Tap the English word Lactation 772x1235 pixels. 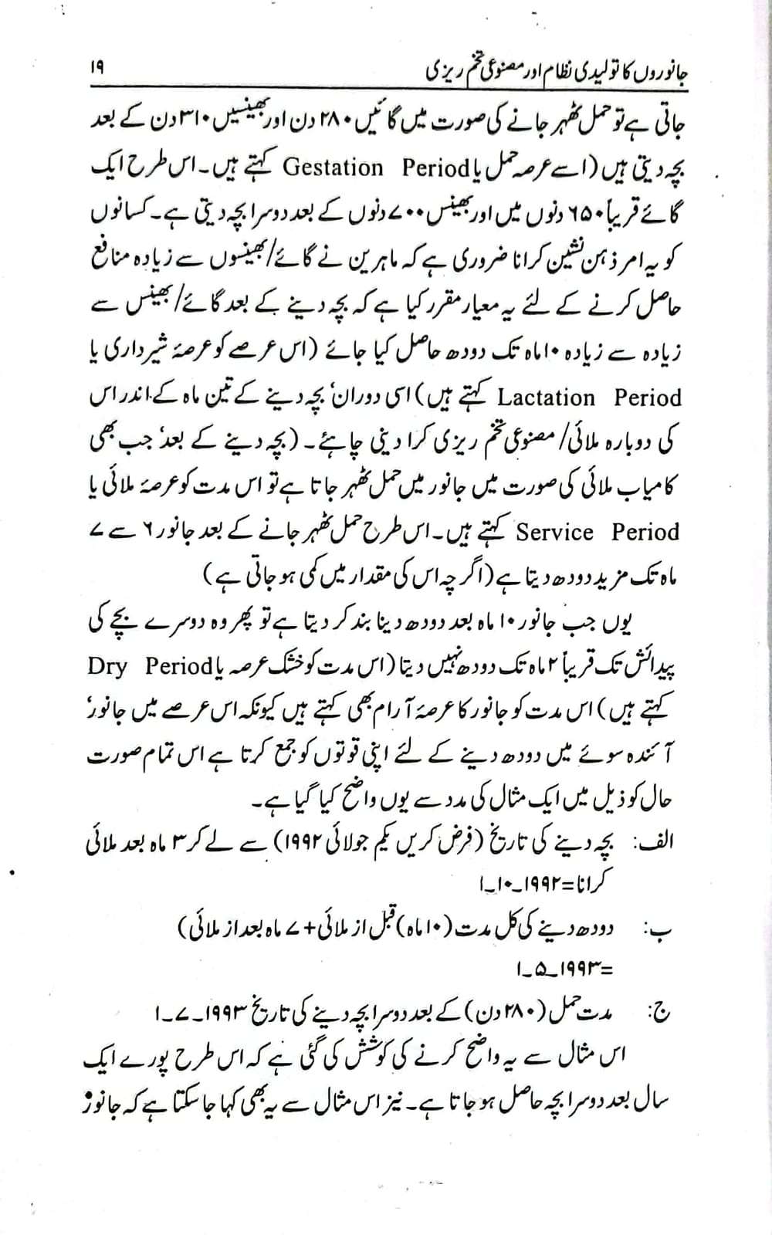547,398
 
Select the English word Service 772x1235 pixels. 555,533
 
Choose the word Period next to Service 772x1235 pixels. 646,533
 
